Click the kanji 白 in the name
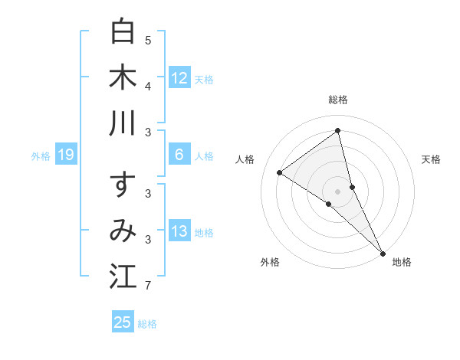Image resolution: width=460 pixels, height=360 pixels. coord(123,31)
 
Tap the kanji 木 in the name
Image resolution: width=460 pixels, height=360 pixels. coord(123,77)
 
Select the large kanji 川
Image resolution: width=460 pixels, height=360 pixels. coord(123,124)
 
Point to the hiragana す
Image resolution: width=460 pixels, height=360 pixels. coord(123,185)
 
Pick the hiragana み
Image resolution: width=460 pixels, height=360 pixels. coord(123,231)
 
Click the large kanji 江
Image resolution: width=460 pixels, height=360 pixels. coord(123,277)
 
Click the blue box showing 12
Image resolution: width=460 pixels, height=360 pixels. coord(179,77)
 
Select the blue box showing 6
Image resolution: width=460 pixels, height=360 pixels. coord(179,155)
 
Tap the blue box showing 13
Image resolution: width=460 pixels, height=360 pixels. coord(179,231)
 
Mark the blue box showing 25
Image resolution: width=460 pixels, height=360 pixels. coord(123,322)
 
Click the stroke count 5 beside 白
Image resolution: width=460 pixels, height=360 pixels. coord(149,40)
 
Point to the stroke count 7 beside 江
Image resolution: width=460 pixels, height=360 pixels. coord(149,286)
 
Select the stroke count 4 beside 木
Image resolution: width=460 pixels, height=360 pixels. coord(149,86)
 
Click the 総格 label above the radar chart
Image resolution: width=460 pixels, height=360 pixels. coord(338,100)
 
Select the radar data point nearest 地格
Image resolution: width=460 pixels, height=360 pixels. coord(383,253)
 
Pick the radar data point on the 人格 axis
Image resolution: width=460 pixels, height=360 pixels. coord(280,172)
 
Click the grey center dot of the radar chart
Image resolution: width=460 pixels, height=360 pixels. coord(338,191)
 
